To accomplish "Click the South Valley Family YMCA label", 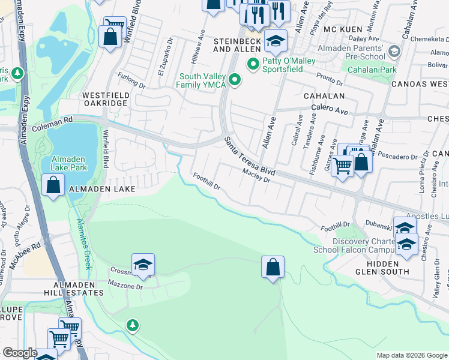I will click(x=202, y=80).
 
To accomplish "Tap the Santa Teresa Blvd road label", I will click(x=250, y=155).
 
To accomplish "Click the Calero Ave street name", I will click(x=329, y=110).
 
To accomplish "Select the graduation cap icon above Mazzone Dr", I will click(x=143, y=265).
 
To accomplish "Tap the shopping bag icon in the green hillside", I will click(x=273, y=267).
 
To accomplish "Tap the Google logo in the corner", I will click(x=20, y=353).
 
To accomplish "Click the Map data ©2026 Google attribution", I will click(x=412, y=355).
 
